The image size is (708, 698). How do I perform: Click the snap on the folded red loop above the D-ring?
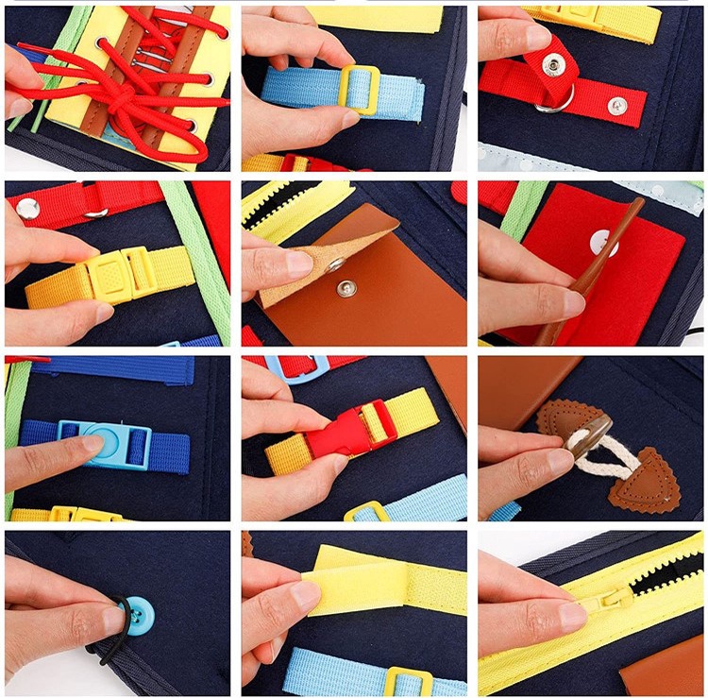[x=554, y=64]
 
